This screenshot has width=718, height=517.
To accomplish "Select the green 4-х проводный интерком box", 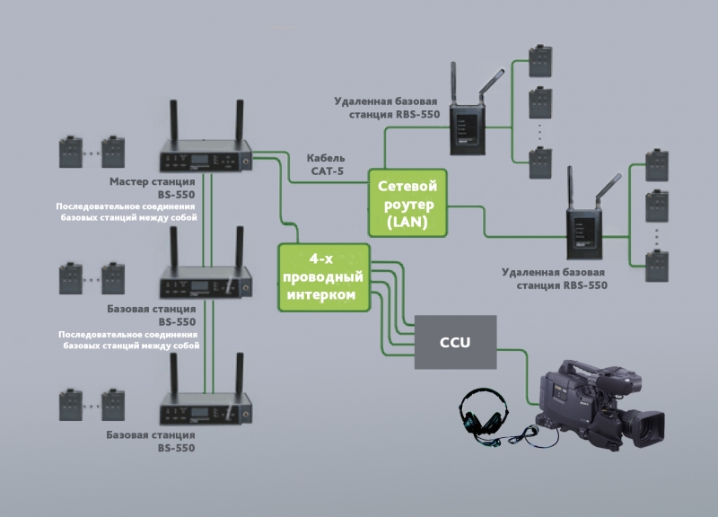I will click(x=324, y=277).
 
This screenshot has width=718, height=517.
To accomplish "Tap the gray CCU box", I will click(x=455, y=342).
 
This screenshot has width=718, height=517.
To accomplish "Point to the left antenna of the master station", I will click(x=174, y=120).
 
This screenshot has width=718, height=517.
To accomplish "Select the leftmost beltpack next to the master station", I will click(x=69, y=152).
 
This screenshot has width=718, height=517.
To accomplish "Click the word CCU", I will click(x=455, y=342).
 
